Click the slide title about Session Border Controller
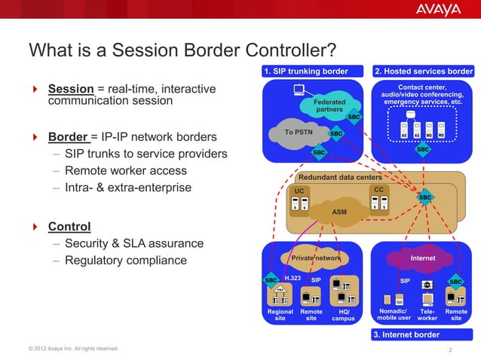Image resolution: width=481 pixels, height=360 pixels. coord(182,50)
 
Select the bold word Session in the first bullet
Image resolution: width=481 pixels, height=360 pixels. coord(71,89)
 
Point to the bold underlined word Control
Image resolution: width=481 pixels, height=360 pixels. coord(69,226)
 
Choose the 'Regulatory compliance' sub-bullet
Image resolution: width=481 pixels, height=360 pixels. coord(126,261)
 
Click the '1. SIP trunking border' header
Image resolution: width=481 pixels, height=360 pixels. coord(305,72)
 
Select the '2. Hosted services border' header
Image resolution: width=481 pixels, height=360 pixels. coord(424,72)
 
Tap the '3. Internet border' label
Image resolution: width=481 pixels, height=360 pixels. coord(406,334)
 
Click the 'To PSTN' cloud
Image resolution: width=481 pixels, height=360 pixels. coord(299,132)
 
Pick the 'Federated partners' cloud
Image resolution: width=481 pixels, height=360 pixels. coord(329,105)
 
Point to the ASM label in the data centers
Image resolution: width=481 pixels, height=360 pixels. coord(340,212)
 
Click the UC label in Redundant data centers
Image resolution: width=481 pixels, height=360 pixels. coord(299,191)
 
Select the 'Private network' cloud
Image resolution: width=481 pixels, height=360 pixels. coord(316,258)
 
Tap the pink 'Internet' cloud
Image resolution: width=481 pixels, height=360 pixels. coord(422,258)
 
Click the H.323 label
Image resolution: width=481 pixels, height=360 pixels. coord(293,279)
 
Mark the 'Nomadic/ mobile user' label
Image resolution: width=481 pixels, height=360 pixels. coord(394,315)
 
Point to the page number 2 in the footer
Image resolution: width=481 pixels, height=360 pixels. coord(449,350)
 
